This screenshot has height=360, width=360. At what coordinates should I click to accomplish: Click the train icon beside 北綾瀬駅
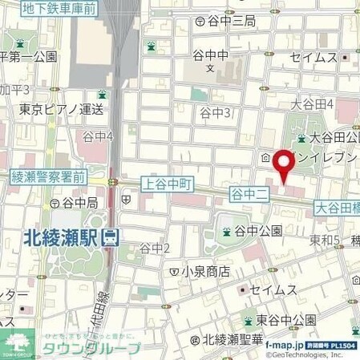111,237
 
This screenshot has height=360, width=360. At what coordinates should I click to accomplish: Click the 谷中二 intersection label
247,194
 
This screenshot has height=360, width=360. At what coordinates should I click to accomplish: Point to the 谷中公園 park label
258,232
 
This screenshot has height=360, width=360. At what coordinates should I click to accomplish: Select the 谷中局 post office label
79,203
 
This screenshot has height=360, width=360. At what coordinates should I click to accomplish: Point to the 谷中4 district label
99,137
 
